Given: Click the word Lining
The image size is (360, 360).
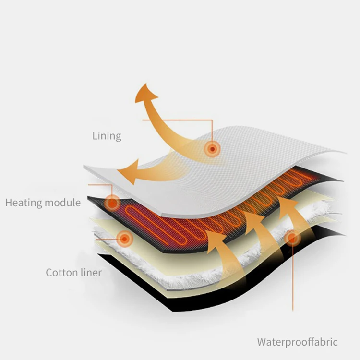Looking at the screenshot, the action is tap(107, 136).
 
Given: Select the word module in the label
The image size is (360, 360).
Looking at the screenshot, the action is tap(63, 203).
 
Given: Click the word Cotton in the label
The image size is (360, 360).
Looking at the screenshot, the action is tap(60, 273).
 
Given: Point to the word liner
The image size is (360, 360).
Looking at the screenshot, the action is tap(90, 273).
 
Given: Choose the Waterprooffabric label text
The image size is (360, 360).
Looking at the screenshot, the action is tap(297, 342).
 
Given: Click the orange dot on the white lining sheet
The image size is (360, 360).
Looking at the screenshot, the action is tap(211, 149).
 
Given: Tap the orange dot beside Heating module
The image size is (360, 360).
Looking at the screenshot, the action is tap(112, 203).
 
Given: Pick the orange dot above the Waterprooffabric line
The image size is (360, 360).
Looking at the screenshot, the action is tap(291, 238).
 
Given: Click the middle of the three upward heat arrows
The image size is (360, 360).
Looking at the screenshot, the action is tap(251, 226).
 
